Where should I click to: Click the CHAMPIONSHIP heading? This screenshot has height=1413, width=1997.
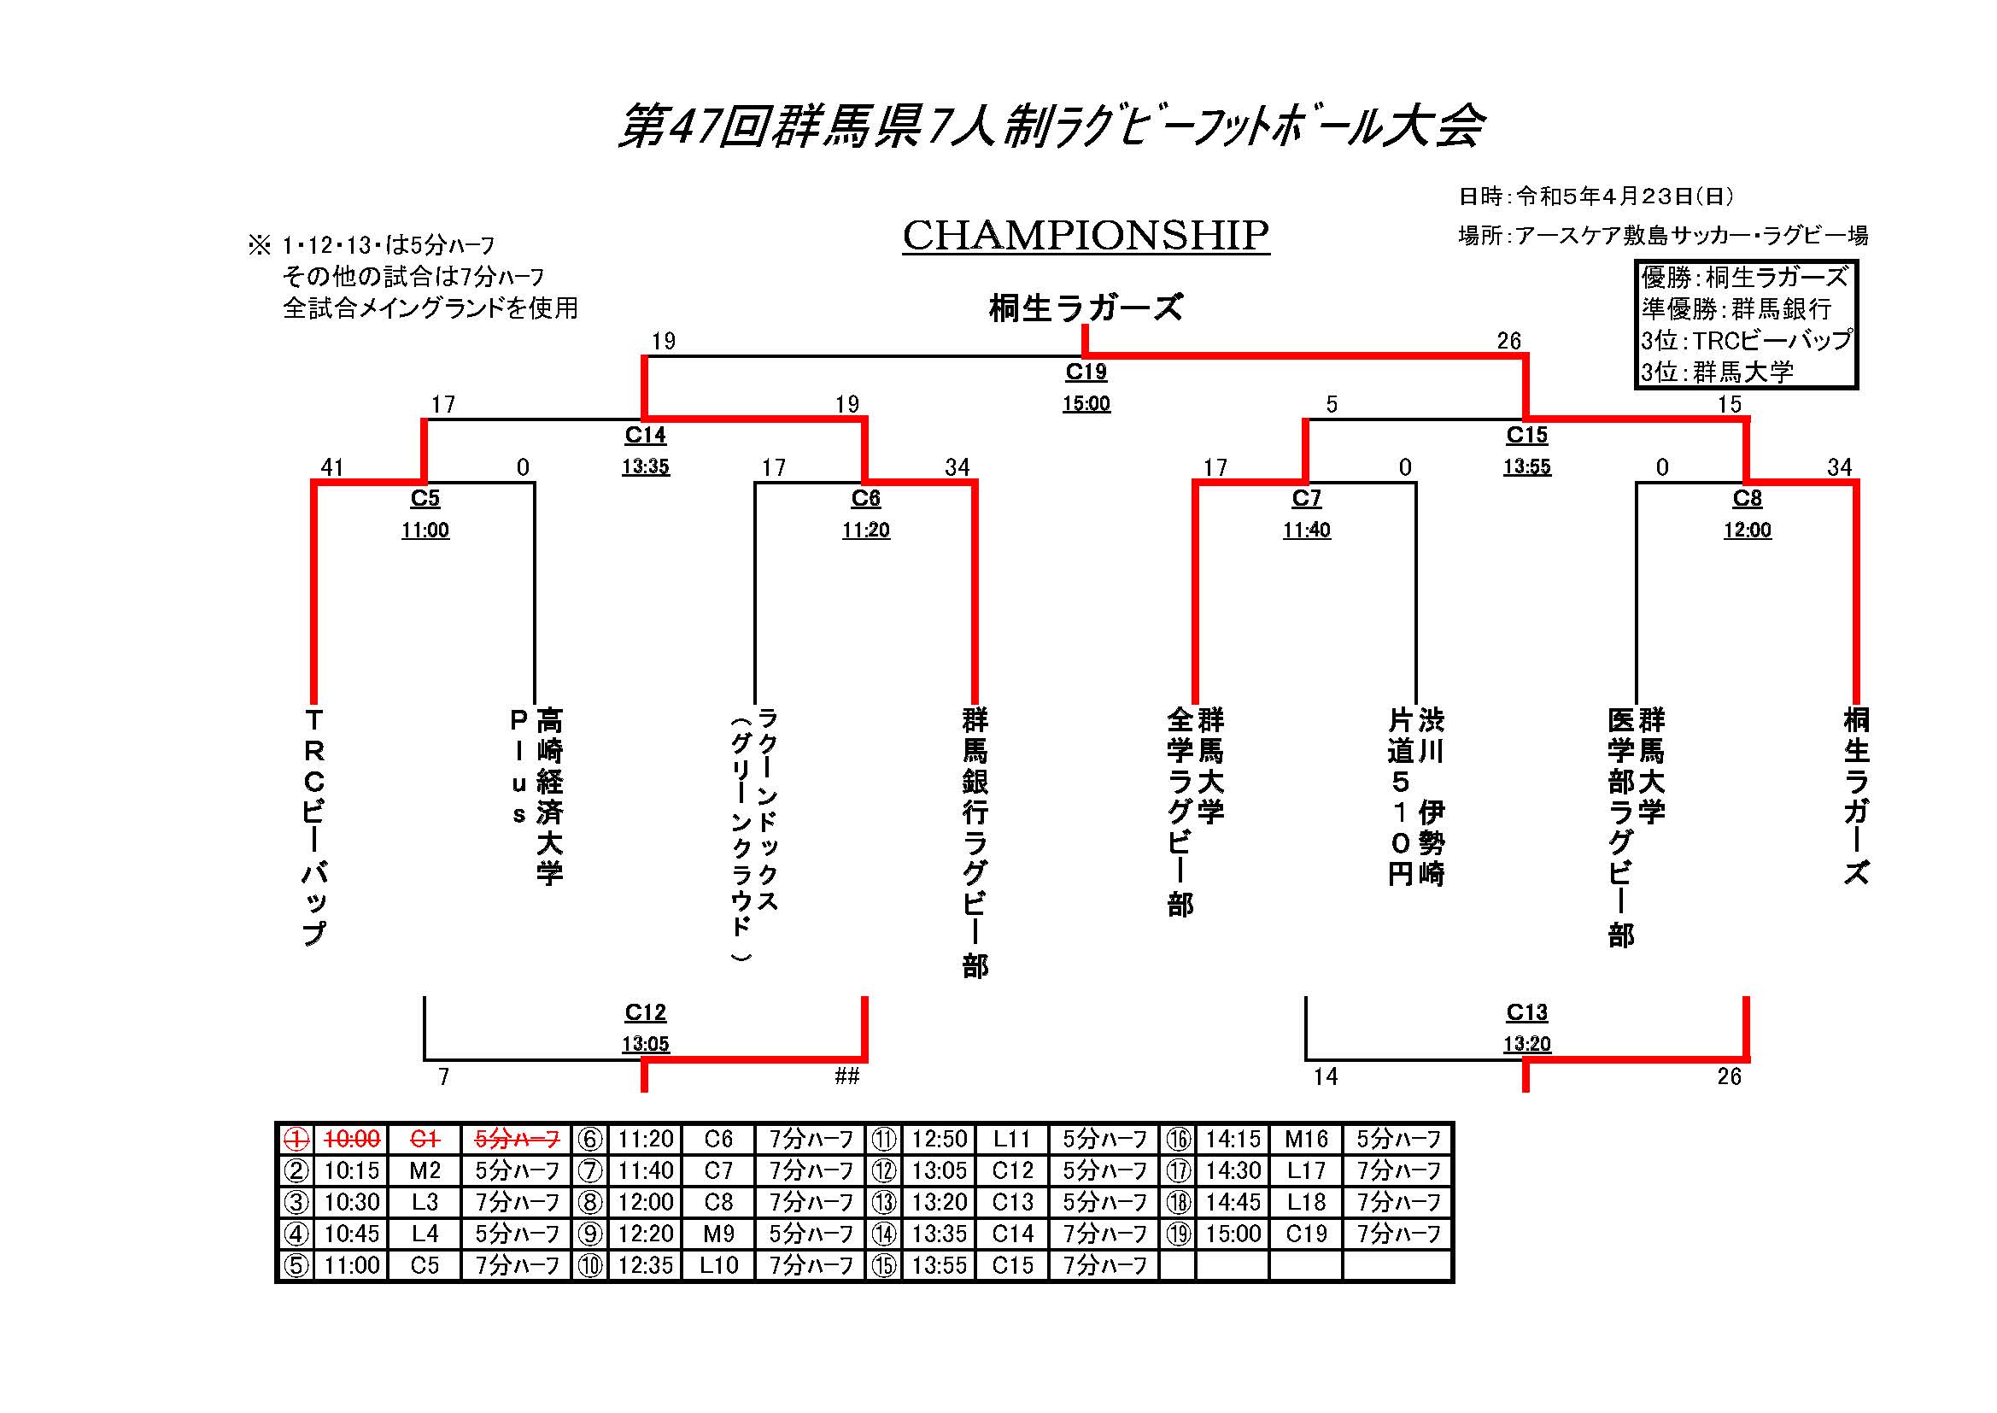pyautogui.click(x=1086, y=235)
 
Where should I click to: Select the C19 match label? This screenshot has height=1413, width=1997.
pyautogui.click(x=1086, y=372)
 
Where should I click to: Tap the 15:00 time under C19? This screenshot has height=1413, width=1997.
pyautogui.click(x=1086, y=404)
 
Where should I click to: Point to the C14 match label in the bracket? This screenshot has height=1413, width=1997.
pyautogui.click(x=646, y=435)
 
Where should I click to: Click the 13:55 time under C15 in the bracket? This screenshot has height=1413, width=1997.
pyautogui.click(x=1526, y=467)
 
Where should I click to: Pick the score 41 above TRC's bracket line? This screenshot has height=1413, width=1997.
pyautogui.click(x=332, y=467)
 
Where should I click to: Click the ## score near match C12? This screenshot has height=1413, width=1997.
pyautogui.click(x=847, y=1076)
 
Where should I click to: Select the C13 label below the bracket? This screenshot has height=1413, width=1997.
pyautogui.click(x=1526, y=1011)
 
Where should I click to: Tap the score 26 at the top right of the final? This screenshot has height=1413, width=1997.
pyautogui.click(x=1509, y=341)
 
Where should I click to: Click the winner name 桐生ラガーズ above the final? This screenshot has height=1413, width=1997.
pyautogui.click(x=1086, y=308)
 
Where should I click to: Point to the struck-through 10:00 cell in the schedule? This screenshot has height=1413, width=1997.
pyautogui.click(x=351, y=1139)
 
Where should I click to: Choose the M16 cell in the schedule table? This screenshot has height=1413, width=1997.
pyautogui.click(x=1305, y=1139)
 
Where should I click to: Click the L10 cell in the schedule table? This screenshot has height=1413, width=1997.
pyautogui.click(x=718, y=1265)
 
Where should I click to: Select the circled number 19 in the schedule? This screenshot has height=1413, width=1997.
pyautogui.click(x=1179, y=1234)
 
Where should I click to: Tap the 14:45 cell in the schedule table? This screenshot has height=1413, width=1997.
pyautogui.click(x=1233, y=1203)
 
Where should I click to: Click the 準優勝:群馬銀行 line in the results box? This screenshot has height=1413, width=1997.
pyautogui.click(x=1736, y=309)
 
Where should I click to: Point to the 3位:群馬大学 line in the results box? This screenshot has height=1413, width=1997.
pyautogui.click(x=1717, y=372)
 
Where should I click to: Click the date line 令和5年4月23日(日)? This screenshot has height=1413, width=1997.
pyautogui.click(x=1596, y=196)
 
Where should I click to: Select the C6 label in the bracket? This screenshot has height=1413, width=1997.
pyautogui.click(x=865, y=499)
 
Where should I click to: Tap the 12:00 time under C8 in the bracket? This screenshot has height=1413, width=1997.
pyautogui.click(x=1748, y=531)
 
